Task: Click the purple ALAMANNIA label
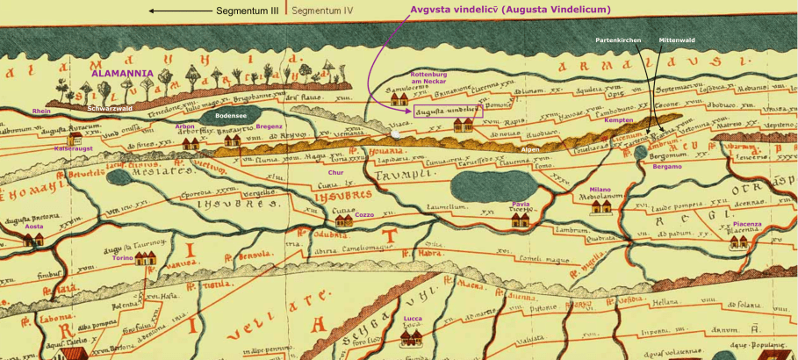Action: tap(123, 75)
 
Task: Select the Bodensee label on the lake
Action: tap(231, 115)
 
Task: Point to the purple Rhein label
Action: tap(41, 112)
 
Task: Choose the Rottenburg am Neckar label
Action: tap(429, 78)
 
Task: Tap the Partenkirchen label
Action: tap(619, 40)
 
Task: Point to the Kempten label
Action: tap(619, 119)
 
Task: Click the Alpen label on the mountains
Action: tap(530, 150)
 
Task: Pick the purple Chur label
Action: tap(336, 173)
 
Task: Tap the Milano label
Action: tap(600, 189)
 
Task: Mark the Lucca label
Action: tap(413, 318)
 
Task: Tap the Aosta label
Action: tap(33, 226)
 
